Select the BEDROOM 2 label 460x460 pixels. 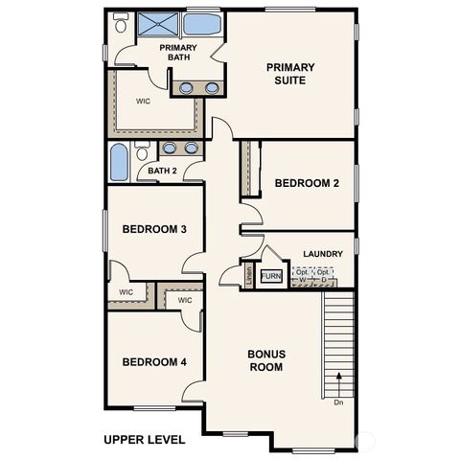click(x=307, y=183)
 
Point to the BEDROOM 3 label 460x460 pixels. click(x=154, y=229)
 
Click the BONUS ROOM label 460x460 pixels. click(x=265, y=359)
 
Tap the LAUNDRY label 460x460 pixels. click(x=322, y=254)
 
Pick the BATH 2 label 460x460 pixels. click(x=162, y=172)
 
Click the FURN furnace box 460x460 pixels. click(x=271, y=276)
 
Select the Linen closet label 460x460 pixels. click(x=248, y=275)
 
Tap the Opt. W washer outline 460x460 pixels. click(x=302, y=276)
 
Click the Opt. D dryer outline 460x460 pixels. click(x=324, y=276)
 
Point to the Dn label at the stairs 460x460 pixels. click(x=338, y=403)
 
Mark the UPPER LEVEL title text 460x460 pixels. click(x=145, y=440)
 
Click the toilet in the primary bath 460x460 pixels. click(x=121, y=24)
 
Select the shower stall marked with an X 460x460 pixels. click(x=157, y=25)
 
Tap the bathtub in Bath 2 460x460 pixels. click(x=119, y=162)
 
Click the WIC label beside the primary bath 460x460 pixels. click(x=144, y=100)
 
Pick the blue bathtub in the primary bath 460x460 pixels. click(x=201, y=24)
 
